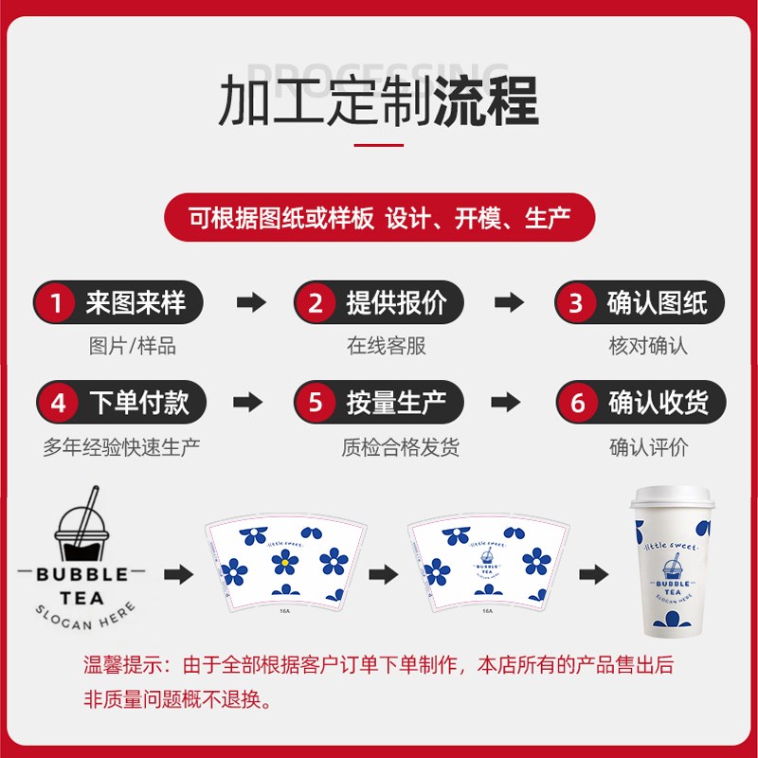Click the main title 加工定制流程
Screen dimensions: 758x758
[379, 101]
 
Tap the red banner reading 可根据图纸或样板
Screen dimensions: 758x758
[379, 219]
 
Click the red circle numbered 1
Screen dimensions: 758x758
[58, 303]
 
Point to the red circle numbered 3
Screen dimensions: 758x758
[576, 303]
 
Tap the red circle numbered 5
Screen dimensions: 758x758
[316, 403]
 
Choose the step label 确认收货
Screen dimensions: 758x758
[658, 403]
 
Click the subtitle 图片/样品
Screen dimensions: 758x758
[132, 346]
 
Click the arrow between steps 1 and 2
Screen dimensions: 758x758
[250, 303]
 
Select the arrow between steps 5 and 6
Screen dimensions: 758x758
[509, 403]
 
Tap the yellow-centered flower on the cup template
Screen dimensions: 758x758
[280, 565]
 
